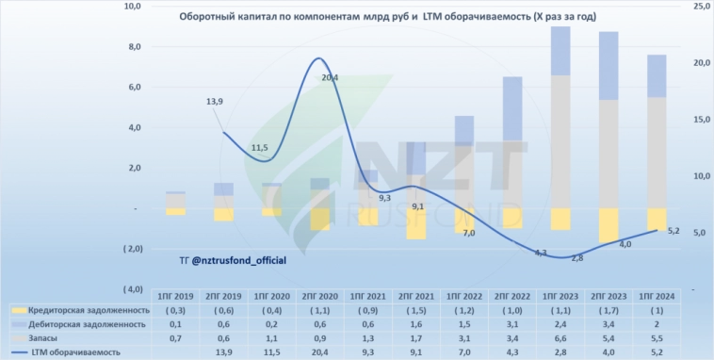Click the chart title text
[x=373, y=18]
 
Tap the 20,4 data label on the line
[x=330, y=78]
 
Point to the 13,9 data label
[x=214, y=102]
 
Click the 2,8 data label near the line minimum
[x=576, y=258]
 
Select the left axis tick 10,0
[x=132, y=7]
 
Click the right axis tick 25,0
[x=700, y=7]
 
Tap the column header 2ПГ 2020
[x=321, y=296]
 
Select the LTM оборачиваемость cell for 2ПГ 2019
[x=223, y=352]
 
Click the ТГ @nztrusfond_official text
[x=232, y=258]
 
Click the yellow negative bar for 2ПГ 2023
[x=608, y=224]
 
